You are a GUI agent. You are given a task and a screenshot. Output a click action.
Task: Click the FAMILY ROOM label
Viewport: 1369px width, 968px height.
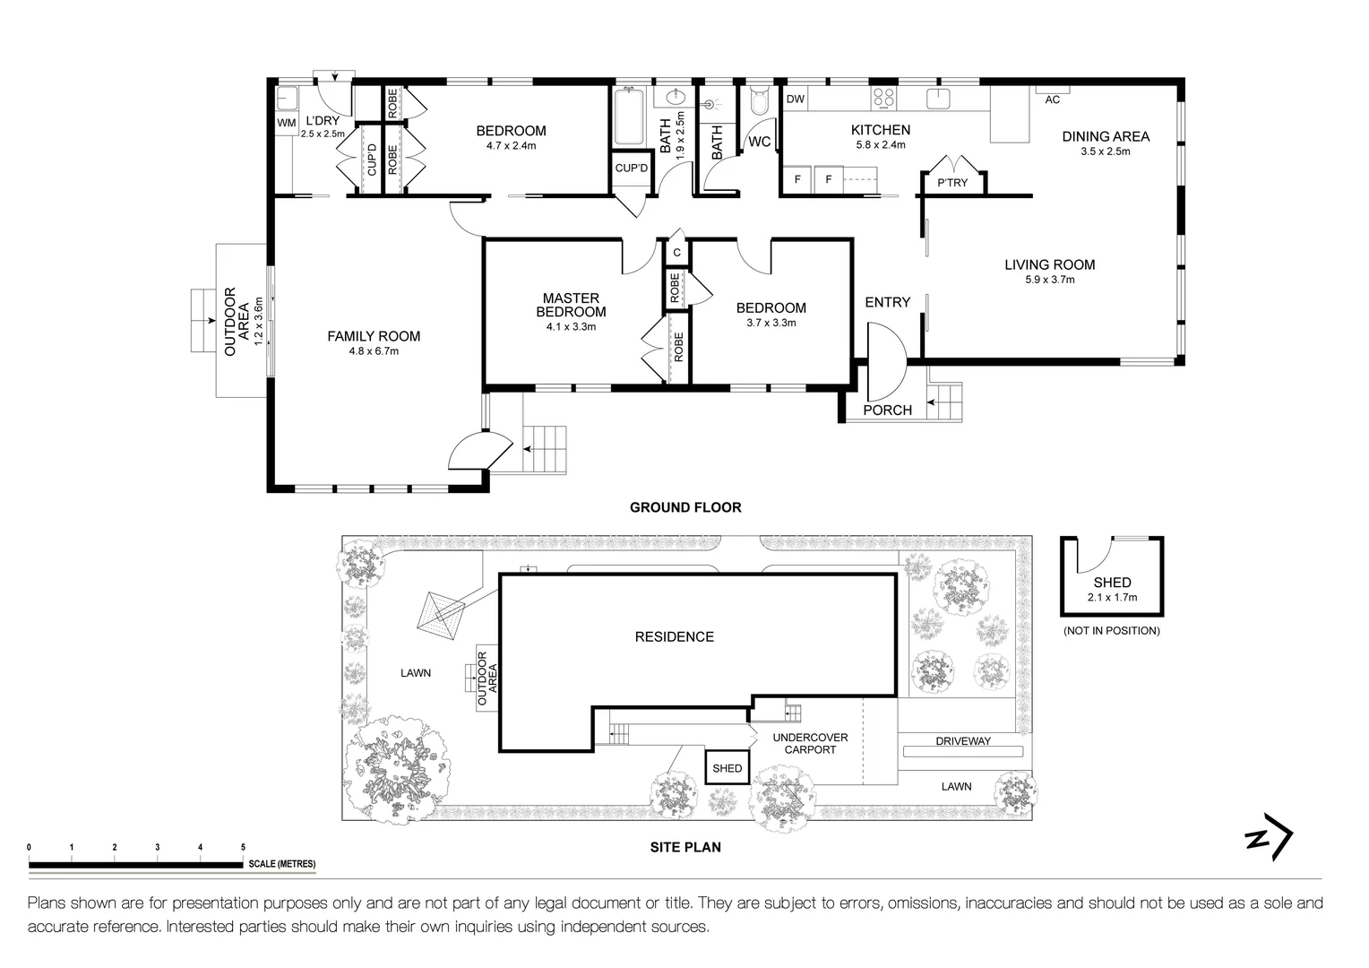374,337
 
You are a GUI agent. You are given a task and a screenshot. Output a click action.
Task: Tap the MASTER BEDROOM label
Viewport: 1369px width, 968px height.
571,306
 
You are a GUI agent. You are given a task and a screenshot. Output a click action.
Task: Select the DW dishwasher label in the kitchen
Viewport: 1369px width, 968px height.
795,99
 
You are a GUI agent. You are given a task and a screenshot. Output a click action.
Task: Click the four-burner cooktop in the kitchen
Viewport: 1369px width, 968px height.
884,98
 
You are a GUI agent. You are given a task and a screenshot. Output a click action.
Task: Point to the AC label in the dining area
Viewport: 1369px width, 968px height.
1052,99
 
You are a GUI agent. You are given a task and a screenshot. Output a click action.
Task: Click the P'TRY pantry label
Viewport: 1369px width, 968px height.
952,183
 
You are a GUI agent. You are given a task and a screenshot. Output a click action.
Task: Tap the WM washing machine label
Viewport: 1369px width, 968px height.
286,123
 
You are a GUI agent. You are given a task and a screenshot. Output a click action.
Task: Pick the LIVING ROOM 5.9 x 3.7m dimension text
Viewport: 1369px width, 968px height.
1050,280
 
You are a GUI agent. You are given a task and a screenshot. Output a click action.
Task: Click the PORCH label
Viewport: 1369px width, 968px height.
887,411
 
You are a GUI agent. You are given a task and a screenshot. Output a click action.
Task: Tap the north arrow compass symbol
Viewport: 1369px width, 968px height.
1269,840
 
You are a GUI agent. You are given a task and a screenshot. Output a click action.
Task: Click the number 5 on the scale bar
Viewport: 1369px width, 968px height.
243,847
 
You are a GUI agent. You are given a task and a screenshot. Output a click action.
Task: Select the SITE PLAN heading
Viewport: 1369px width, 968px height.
685,847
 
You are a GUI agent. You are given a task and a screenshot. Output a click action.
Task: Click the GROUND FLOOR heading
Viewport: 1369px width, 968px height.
685,507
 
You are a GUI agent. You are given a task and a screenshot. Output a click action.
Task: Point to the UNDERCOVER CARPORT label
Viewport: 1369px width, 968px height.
810,743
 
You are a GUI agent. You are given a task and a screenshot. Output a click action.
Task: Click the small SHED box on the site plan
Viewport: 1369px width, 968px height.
727,768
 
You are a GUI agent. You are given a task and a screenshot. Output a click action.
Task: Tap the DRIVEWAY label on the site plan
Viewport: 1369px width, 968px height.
963,741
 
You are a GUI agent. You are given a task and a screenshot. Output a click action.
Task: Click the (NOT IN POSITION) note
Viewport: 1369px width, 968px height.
1111,631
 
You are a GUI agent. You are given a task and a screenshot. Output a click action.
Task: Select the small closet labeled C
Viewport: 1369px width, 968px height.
676,253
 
